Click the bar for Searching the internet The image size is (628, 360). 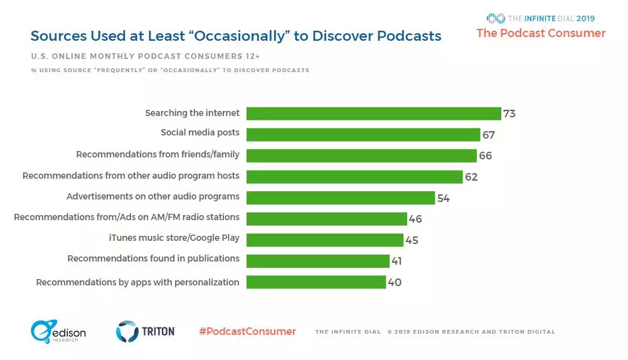coord(373,114)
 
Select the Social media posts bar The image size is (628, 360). coord(363,135)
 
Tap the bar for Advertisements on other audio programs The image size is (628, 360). coord(340,198)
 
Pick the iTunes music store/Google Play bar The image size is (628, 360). coord(324,240)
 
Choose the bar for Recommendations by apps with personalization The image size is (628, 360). coord(316,282)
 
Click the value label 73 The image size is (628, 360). coord(509,114)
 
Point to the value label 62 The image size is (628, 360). coord(471,177)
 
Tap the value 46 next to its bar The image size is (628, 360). coord(415,219)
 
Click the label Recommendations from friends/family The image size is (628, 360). coord(157,154)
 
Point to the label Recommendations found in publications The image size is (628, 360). coord(153,258)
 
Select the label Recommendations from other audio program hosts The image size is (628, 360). coord(130,176)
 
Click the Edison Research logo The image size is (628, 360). coord(58,332)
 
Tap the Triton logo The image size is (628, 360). coord(145,331)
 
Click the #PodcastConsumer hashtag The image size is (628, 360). coord(247,331)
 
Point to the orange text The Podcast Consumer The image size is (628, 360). coord(541,33)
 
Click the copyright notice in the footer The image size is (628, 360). coord(471,332)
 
